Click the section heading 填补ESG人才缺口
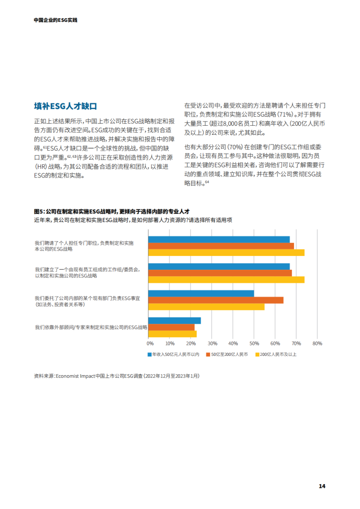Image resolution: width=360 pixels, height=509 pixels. [x=65, y=106]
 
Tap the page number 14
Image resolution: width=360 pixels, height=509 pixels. [x=321, y=486]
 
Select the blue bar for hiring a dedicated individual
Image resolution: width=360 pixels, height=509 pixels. [x=219, y=239]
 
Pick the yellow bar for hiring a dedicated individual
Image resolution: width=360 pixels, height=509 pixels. [x=226, y=252]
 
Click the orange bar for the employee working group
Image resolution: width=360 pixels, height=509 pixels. [x=220, y=273]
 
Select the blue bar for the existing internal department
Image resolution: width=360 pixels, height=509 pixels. [x=201, y=293]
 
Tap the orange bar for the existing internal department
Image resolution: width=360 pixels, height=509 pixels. [x=215, y=300]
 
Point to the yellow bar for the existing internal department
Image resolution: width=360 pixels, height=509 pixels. [x=206, y=307]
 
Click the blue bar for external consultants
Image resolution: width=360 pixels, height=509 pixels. [x=174, y=320]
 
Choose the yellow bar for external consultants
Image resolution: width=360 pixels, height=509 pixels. [x=172, y=334]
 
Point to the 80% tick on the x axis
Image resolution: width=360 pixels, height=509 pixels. [x=317, y=343]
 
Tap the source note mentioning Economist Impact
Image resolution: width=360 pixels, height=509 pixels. [x=117, y=376]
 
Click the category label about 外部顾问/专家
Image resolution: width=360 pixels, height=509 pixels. [x=91, y=328]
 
